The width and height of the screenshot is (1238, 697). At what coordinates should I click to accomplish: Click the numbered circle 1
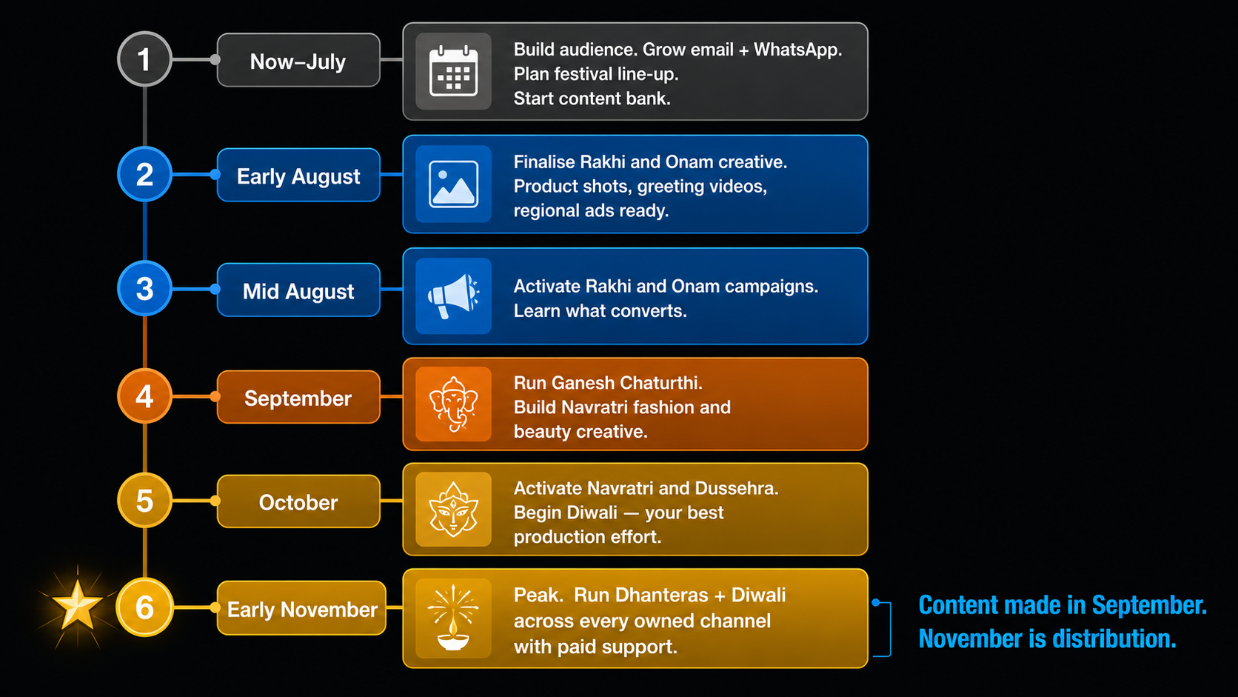pyautogui.click(x=144, y=59)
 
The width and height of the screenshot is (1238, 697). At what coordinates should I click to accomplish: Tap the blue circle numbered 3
pyautogui.click(x=144, y=289)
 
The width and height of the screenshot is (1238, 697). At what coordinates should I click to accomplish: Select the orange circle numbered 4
pyautogui.click(x=144, y=396)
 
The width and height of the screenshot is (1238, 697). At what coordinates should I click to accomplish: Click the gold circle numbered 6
pyautogui.click(x=144, y=607)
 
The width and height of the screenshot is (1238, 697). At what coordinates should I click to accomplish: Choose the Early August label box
pyautogui.click(x=298, y=176)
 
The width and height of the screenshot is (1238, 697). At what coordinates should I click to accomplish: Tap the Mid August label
pyautogui.click(x=298, y=290)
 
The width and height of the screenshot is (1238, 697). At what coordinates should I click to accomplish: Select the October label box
pyautogui.click(x=298, y=501)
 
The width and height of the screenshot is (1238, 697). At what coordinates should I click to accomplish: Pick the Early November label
pyautogui.click(x=302, y=608)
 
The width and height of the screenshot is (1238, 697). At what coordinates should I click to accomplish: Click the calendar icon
pyautogui.click(x=453, y=72)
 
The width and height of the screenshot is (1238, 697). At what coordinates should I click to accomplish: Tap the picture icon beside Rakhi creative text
pyautogui.click(x=453, y=184)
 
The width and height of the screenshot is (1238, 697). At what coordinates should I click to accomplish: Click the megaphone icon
pyautogui.click(x=453, y=296)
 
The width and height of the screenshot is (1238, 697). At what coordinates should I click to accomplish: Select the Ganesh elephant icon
pyautogui.click(x=453, y=404)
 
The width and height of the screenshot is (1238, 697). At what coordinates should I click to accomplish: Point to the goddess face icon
pyautogui.click(x=453, y=509)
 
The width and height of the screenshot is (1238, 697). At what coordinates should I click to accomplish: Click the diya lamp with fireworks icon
pyautogui.click(x=453, y=618)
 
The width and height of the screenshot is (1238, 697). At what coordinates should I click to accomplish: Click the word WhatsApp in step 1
pyautogui.click(x=797, y=50)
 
